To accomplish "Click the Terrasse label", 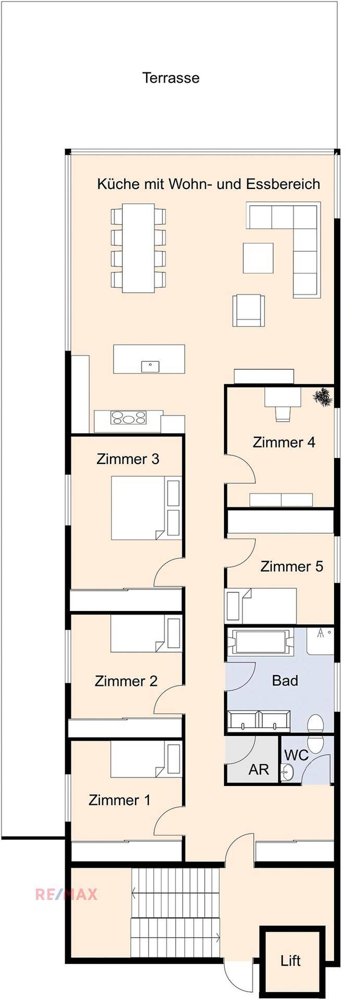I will (171, 78).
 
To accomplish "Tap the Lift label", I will (290, 960).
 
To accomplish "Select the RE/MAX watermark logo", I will (66, 895).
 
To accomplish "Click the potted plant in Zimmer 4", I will (322, 397).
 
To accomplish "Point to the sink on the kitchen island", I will (150, 366).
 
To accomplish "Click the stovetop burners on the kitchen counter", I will (128, 418).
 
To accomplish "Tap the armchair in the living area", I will (248, 310).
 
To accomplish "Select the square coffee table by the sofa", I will (258, 258).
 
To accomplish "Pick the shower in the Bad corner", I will (320, 641).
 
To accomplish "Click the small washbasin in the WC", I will (287, 773).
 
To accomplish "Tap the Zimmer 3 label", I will (128, 459).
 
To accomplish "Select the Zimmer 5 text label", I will (291, 566).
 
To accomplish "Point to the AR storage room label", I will (258, 770).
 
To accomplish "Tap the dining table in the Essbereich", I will (138, 248).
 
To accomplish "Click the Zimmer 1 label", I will (119, 800).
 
